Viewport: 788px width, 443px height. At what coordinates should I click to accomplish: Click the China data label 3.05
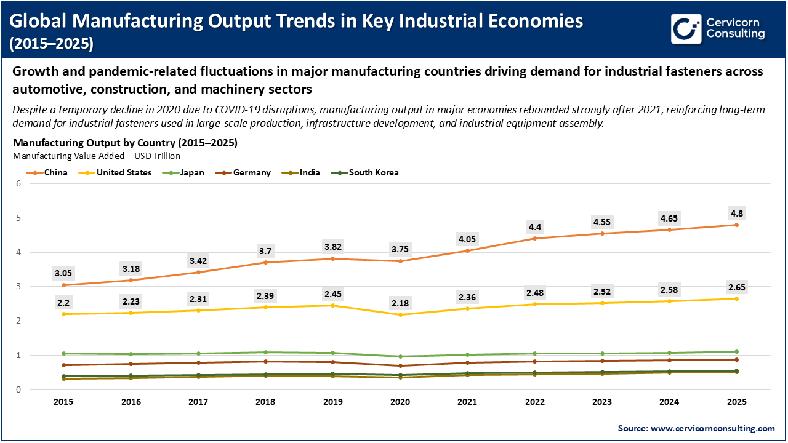tap(64, 273)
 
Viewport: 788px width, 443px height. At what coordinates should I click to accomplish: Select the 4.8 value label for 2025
tap(736, 213)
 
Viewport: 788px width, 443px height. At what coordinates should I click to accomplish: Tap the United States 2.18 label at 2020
tap(400, 303)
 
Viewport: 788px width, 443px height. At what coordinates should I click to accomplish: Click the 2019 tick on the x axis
tap(333, 402)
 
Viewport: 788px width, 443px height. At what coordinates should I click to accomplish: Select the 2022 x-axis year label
tap(534, 402)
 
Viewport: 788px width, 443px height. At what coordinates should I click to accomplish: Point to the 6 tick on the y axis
tap(19, 183)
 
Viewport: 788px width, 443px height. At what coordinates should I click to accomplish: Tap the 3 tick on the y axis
tap(19, 287)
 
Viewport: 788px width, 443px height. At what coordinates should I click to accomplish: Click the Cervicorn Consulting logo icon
tap(686, 28)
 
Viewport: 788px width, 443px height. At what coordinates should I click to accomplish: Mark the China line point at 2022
tap(534, 238)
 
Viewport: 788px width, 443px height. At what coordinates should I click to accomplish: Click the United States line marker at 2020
tap(400, 315)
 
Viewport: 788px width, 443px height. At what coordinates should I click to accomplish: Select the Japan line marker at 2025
tap(736, 352)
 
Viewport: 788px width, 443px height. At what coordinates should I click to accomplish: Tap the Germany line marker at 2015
tap(64, 365)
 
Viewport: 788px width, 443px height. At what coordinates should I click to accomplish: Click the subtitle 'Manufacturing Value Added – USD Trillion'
tap(97, 156)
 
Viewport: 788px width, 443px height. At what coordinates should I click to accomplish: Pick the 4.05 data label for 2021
tap(467, 239)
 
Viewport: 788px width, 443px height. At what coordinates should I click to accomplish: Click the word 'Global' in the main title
tap(39, 21)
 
